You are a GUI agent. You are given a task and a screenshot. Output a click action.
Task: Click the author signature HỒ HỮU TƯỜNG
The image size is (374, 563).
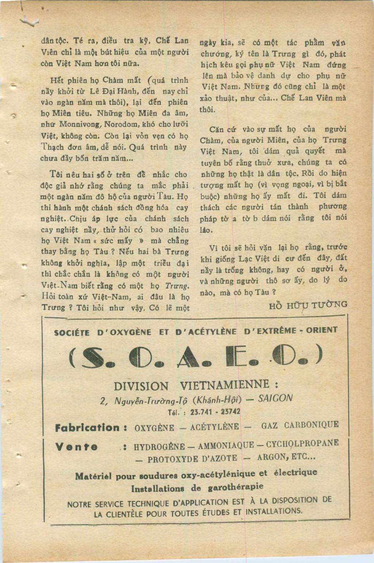[308, 305]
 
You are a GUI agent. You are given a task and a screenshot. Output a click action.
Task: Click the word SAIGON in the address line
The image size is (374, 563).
[275, 398]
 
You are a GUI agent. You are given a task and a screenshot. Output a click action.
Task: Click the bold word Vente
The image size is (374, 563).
[76, 447]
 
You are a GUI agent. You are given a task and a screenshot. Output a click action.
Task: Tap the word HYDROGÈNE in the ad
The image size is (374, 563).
[159, 447]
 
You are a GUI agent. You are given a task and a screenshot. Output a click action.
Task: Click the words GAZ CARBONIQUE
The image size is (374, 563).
[300, 425]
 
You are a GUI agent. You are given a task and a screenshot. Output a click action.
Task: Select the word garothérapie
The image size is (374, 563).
[236, 487]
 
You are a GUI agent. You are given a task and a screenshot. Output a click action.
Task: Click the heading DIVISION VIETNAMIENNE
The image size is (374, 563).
[196, 385]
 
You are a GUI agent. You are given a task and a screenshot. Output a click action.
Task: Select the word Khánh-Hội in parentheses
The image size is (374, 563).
[217, 399]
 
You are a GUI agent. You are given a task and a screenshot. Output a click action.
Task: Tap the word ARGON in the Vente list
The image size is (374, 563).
[273, 457]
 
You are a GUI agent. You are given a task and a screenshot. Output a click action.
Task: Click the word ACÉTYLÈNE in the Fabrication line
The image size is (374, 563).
[214, 427]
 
